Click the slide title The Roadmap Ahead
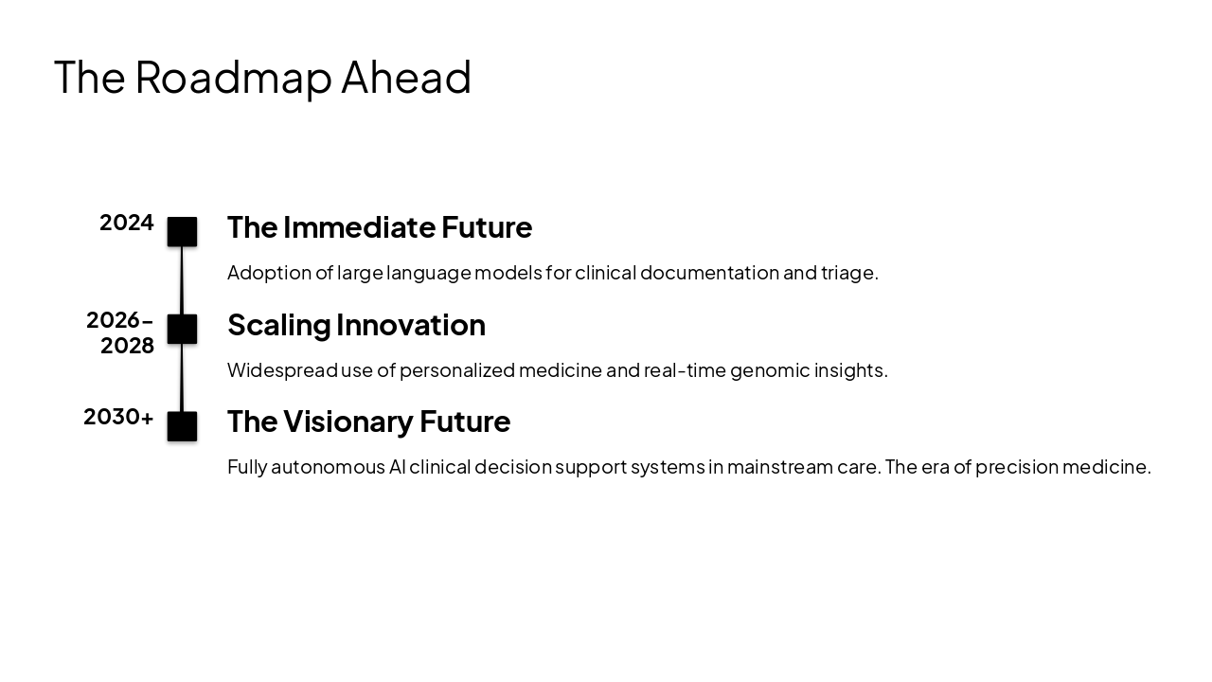click(262, 77)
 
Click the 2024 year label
click(127, 223)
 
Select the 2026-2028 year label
click(120, 332)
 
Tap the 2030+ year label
click(118, 417)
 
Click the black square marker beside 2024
click(182, 232)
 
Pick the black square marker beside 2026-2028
click(182, 329)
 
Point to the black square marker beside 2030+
click(182, 426)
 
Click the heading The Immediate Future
click(380, 227)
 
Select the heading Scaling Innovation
click(356, 325)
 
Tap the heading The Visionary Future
click(368, 422)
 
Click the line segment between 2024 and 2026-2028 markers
click(182, 280)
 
